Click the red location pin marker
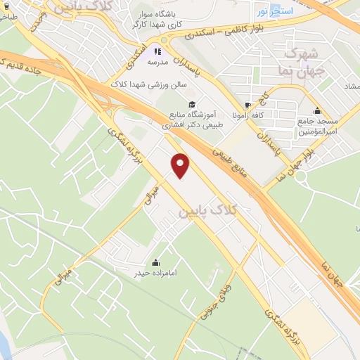click(181, 165)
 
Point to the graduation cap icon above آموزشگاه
click(192, 103)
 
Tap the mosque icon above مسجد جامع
click(318, 110)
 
